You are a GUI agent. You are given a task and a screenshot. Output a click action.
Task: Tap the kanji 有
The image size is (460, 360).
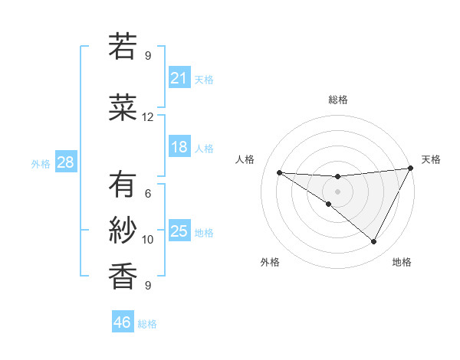123,185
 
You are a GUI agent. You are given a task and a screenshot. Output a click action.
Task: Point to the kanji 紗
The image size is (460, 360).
123,230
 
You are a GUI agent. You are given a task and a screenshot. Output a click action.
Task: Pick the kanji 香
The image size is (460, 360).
123,275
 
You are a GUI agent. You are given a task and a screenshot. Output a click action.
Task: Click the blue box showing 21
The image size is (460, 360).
179,78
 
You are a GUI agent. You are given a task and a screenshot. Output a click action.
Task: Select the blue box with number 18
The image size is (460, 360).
179,147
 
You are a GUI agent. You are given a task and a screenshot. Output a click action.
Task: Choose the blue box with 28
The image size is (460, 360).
64,162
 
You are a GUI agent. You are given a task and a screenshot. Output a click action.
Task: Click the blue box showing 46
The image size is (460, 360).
123,322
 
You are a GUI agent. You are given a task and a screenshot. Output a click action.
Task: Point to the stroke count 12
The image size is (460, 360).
148,117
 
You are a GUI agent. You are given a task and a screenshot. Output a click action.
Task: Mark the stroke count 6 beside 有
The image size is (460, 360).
148,194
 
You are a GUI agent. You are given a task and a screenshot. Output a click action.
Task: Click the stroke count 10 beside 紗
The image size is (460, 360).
148,240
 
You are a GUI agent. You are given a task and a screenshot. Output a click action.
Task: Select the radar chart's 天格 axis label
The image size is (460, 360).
431,159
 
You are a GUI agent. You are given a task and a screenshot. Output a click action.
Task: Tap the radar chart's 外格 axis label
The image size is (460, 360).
270,263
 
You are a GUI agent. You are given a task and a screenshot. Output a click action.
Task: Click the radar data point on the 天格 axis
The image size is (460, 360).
411,169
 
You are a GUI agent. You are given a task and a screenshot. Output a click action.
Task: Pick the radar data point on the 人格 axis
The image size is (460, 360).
279,172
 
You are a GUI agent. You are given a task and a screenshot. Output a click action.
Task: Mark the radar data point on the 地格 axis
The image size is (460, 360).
373,242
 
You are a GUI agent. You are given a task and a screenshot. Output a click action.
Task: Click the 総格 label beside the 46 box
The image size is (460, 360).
147,324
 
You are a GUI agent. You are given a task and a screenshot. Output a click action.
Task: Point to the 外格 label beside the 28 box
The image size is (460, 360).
40,164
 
